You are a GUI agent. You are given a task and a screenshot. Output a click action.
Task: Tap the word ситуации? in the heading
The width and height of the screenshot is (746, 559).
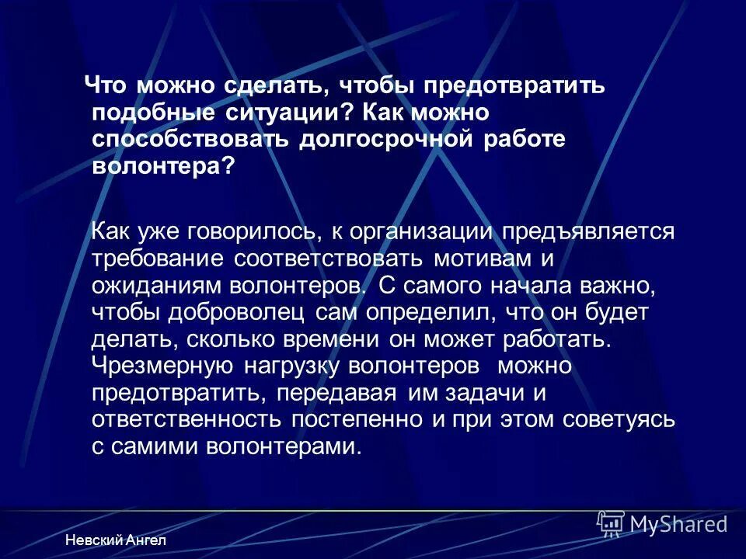click(x=279, y=112)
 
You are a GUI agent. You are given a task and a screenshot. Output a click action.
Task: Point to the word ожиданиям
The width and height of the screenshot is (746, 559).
click(x=156, y=285)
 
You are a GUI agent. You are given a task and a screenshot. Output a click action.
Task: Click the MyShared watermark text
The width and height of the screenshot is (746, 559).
click(x=679, y=524)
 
